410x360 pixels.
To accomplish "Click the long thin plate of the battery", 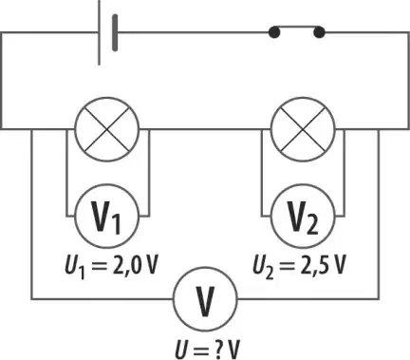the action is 100,32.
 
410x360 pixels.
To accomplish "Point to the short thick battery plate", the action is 115,32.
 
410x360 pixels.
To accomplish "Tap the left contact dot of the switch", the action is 274,32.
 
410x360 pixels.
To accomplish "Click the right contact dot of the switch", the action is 319,32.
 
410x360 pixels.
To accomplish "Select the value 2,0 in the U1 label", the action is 125,267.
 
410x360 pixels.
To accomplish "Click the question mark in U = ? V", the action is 217,350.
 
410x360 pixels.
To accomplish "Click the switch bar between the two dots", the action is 296,27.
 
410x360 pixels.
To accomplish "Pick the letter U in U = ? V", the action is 182,350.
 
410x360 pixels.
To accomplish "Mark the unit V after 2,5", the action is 338,266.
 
